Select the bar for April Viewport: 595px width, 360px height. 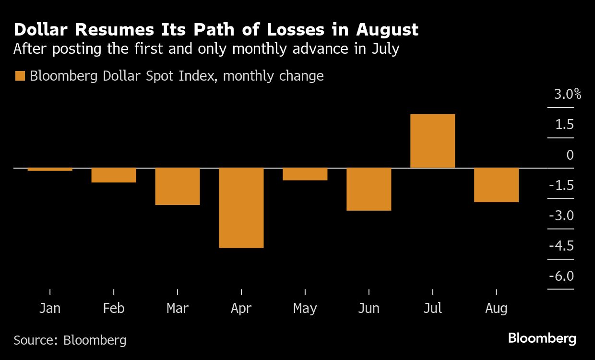[241, 207]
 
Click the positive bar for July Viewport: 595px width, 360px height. [432, 141]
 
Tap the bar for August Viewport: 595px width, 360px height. [496, 185]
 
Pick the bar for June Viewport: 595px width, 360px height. [369, 189]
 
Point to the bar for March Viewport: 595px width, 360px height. [178, 186]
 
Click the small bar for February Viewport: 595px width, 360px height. [114, 175]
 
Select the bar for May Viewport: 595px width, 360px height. [305, 174]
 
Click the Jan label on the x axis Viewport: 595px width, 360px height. [50, 308]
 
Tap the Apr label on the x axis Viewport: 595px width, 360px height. [241, 308]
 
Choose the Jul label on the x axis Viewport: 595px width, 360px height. [432, 308]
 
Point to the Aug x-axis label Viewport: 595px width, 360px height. [496, 308]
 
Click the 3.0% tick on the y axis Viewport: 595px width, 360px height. [567, 95]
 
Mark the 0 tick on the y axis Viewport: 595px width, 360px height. [570, 155]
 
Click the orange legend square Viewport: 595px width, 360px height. [20, 76]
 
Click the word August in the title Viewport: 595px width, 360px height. [387, 30]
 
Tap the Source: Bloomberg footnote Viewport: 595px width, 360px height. [70, 340]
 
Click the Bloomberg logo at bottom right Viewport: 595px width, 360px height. [542, 338]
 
